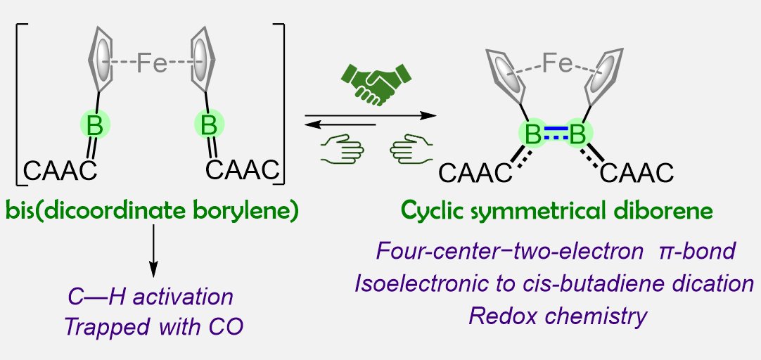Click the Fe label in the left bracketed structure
pyautogui.click(x=151, y=64)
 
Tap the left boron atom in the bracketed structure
pyautogui.click(x=93, y=127)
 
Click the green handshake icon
pyautogui.click(x=375, y=83)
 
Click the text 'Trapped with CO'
pyautogui.click(x=153, y=327)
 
